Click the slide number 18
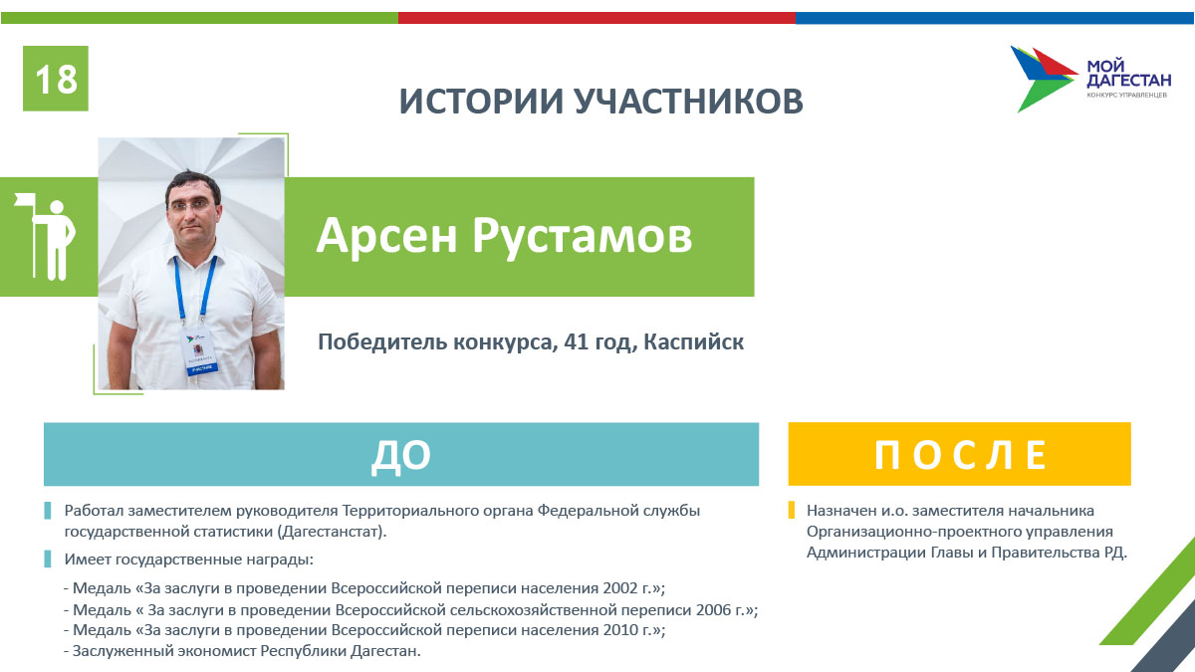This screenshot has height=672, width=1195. tap(56, 79)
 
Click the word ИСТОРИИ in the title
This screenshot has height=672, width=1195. tap(481, 101)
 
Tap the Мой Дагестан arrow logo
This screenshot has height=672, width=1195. tap(1044, 79)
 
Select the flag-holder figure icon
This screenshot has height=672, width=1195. tap(46, 236)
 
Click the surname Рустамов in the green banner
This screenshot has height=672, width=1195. tap(583, 236)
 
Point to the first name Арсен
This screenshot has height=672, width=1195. tap(386, 236)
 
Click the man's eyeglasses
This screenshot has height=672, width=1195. tap(193, 205)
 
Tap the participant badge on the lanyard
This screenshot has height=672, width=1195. tap(199, 350)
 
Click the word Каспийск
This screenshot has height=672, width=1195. tap(693, 341)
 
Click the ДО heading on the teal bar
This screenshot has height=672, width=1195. tap(401, 455)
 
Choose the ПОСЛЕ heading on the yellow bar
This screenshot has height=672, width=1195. tap(960, 455)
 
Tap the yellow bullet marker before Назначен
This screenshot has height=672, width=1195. tap(792, 511)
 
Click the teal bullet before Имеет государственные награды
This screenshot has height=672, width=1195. tap(48, 559)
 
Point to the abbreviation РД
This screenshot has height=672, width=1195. tap(1114, 553)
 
